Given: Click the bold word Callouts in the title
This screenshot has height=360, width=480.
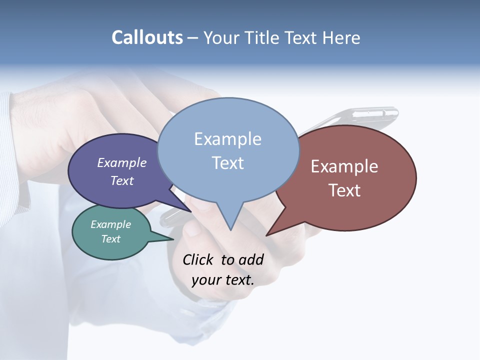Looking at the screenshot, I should (147, 37).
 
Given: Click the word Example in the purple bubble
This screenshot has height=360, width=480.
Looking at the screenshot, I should (122, 162).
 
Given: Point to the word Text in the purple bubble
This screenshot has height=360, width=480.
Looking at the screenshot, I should (122, 180).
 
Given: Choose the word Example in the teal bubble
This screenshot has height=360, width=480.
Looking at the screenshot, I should (111, 224).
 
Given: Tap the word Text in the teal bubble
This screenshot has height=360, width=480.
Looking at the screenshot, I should (111, 239).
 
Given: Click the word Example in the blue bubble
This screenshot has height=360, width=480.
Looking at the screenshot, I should (228, 139).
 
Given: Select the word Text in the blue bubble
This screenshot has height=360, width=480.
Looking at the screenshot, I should (228, 163).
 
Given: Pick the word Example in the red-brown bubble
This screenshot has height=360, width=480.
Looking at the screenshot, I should (344, 166).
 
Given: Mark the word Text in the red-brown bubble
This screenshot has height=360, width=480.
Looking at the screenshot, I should (345, 190).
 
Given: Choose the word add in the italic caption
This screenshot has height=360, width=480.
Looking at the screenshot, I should (251, 260).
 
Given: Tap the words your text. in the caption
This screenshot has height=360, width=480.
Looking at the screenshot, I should (223, 280).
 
